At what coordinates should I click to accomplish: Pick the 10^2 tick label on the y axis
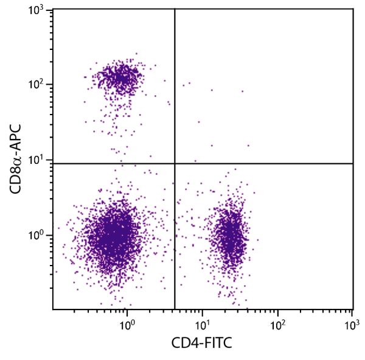click(38, 85)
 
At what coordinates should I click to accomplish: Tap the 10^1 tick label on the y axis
click(38, 160)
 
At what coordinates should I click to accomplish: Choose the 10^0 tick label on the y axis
click(38, 236)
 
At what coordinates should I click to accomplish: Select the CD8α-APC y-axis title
click(17, 159)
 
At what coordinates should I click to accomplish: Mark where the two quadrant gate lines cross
click(175, 163)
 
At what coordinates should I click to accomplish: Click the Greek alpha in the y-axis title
click(17, 152)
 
